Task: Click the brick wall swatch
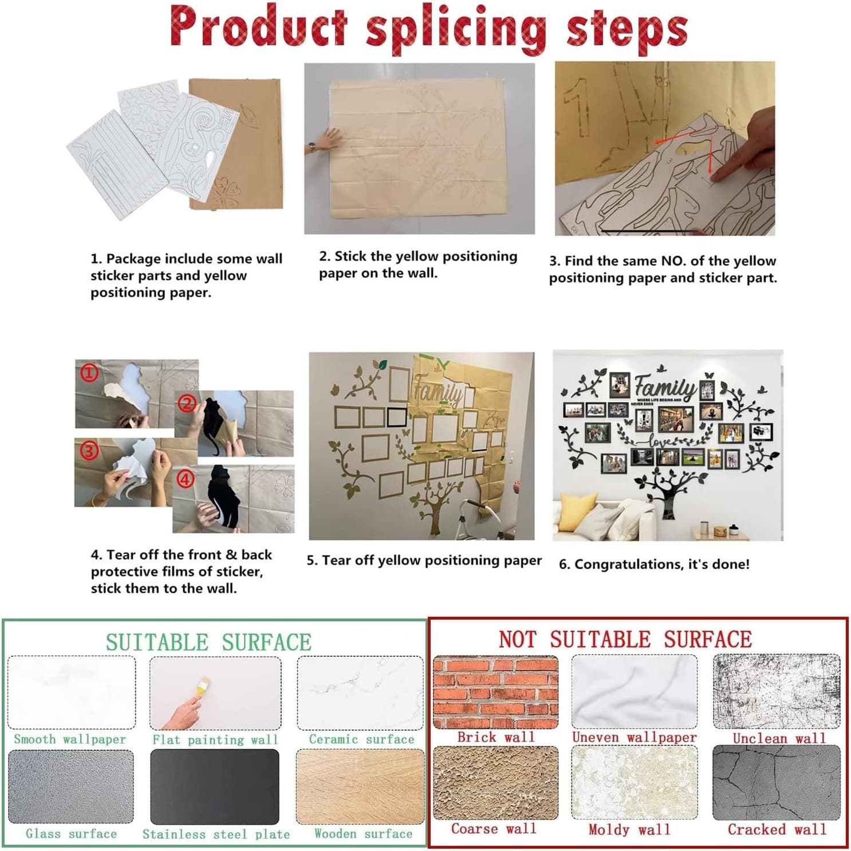[495, 692]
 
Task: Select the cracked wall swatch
[777, 783]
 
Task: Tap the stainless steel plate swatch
[215, 786]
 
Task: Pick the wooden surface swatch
[360, 786]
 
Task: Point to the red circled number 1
[89, 373]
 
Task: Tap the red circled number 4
[185, 479]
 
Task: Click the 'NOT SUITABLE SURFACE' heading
[625, 639]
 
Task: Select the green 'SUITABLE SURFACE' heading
[208, 642]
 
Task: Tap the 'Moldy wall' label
[629, 829]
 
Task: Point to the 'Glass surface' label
[71, 834]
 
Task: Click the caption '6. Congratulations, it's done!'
[654, 564]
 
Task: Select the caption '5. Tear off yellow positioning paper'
[424, 560]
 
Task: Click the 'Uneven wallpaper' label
[635, 737]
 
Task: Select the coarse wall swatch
[495, 783]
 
